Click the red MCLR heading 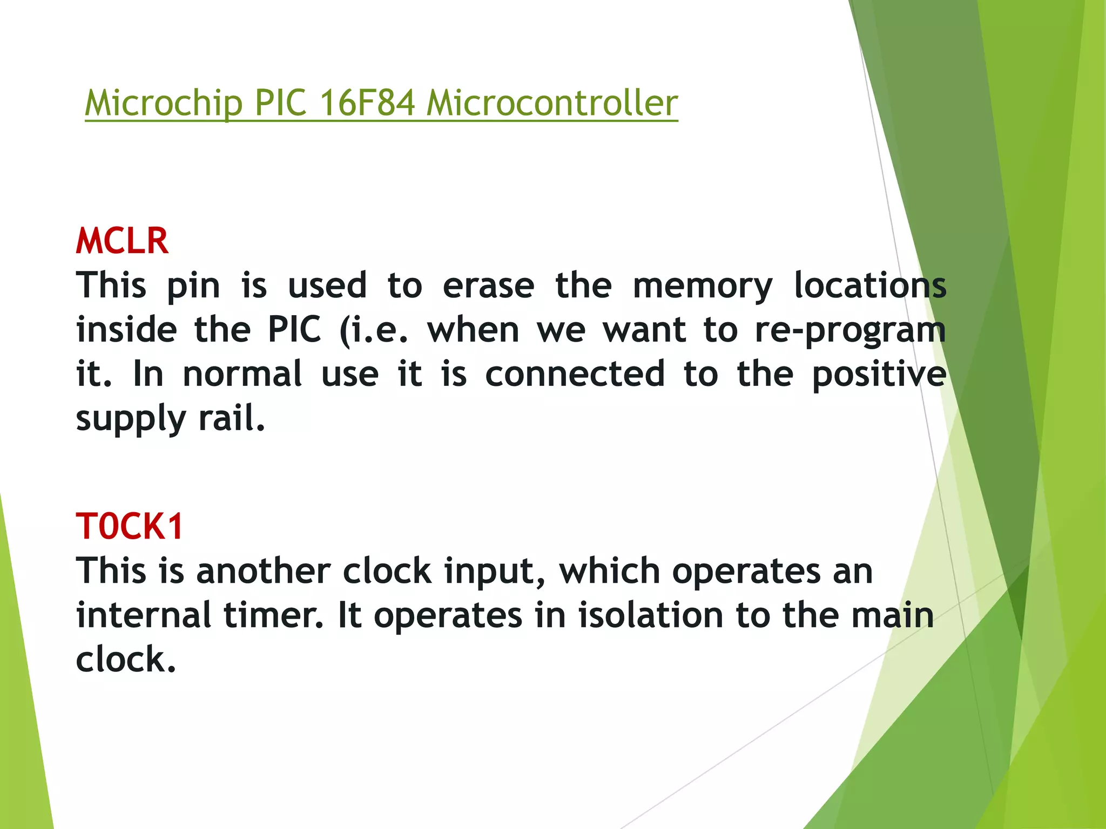(x=122, y=241)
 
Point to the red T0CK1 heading (x=130, y=526)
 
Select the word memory (x=703, y=286)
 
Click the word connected (x=575, y=373)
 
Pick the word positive (x=879, y=373)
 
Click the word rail (x=232, y=418)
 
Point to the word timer (x=274, y=615)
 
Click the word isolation (x=650, y=615)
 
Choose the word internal (x=144, y=615)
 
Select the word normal (x=242, y=373)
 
